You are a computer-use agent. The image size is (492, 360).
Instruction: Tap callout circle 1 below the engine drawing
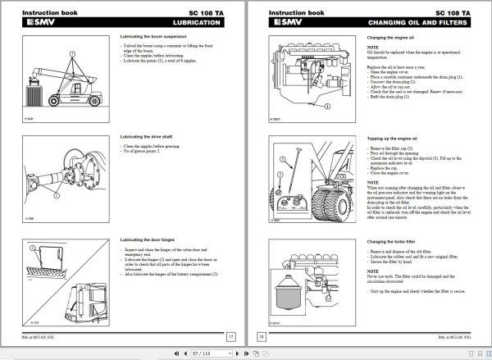309,108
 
